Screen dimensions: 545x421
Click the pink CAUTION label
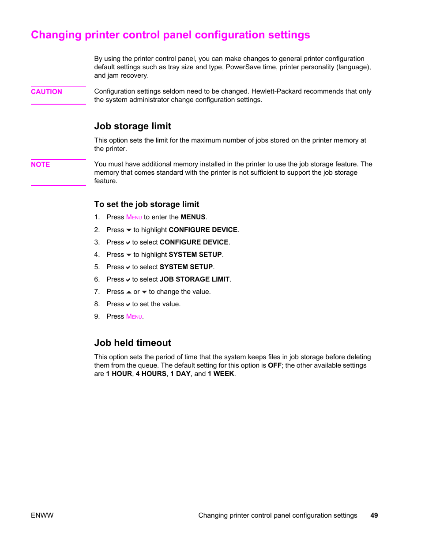46,92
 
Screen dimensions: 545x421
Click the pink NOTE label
40,165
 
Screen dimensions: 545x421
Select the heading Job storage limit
132,126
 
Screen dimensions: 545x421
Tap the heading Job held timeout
132,343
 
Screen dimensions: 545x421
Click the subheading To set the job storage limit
147,204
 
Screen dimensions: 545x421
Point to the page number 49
374,515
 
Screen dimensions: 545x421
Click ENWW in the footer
42,515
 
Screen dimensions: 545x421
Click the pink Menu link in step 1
134,217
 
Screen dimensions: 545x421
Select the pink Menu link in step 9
134,316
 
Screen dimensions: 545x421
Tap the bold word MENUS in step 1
193,217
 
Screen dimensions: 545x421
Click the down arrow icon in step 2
129,230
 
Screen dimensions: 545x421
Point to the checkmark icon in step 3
128,243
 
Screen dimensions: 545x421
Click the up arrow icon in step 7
129,292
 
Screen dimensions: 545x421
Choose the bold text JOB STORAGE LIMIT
194,279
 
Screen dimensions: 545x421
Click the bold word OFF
274,365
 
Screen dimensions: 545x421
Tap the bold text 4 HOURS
151,374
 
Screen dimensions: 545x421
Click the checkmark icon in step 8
128,304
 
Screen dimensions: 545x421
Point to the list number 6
97,279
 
